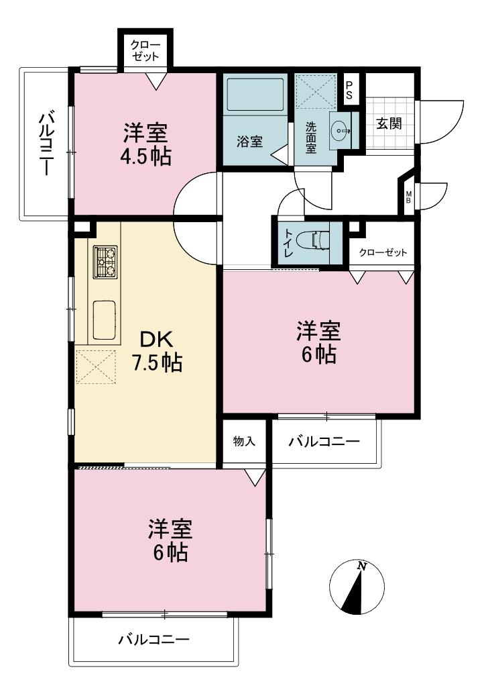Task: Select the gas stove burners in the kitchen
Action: tap(105, 261)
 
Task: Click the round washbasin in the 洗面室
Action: tap(341, 128)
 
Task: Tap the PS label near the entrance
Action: tap(349, 91)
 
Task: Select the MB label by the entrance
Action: tap(408, 198)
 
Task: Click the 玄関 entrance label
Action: tap(389, 125)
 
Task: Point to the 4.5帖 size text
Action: tap(146, 156)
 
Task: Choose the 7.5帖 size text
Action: tap(156, 363)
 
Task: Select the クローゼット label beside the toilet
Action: tap(383, 253)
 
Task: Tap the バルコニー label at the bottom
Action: tap(154, 640)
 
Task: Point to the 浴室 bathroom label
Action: tap(249, 142)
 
